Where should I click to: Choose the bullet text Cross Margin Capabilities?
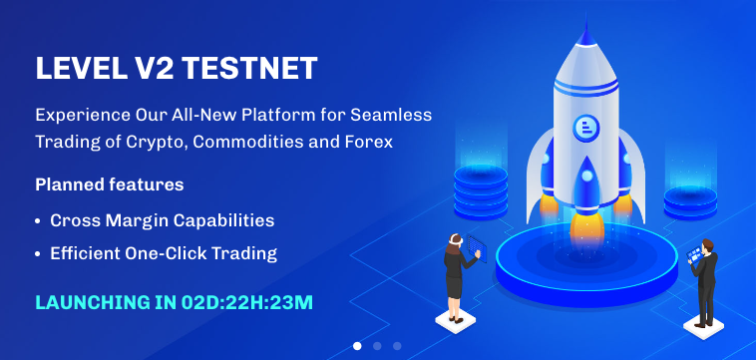162,219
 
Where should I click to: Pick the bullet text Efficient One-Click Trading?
164,253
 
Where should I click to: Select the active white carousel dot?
357,346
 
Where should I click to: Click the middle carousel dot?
377,346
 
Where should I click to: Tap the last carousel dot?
397,346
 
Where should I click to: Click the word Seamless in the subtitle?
394,115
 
